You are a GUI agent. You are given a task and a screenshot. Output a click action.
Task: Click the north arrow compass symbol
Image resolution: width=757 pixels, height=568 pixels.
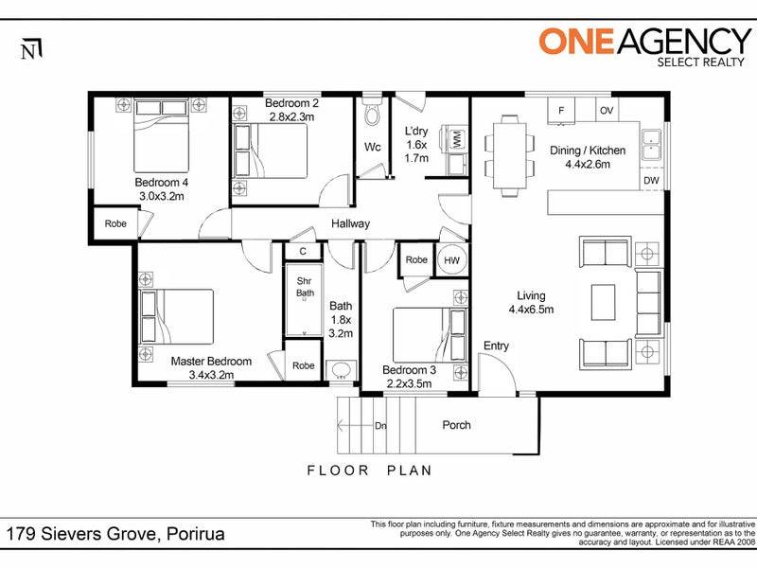pos(31,49)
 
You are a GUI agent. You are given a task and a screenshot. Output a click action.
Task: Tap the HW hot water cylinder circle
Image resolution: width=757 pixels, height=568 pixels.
pos(452,260)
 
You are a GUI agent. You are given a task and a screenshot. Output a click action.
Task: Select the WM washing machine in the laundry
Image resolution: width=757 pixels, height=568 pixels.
pos(457,139)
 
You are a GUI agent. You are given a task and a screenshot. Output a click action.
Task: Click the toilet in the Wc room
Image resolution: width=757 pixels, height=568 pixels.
pos(372,114)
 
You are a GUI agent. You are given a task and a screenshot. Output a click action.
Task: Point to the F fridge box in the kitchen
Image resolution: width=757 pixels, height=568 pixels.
pos(561,110)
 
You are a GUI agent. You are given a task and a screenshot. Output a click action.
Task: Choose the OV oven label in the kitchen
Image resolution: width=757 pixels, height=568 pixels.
pos(607,110)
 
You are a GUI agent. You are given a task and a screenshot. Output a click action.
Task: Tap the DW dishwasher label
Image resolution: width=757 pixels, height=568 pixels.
pos(651,180)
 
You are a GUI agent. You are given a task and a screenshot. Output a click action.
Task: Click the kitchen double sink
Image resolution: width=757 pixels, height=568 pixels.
pos(651,145)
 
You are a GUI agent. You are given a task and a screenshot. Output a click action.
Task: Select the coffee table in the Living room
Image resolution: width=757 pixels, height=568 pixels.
pos(603,302)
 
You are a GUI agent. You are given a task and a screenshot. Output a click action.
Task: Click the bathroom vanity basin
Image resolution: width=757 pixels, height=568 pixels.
pos(342,371)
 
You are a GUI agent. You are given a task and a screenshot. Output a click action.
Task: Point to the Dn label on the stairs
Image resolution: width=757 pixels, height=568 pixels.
pos(380,425)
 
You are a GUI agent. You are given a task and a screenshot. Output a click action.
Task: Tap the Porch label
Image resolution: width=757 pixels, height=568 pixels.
pos(456,425)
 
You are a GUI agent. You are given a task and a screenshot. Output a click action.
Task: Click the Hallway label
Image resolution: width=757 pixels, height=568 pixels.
pos(350,223)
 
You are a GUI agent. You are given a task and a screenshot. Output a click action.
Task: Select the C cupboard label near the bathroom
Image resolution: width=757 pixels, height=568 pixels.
pos(303,251)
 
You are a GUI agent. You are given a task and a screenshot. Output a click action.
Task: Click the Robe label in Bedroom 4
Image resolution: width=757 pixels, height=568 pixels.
pos(115,223)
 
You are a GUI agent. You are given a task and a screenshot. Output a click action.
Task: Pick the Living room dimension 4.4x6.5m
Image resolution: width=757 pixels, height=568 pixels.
pos(531,310)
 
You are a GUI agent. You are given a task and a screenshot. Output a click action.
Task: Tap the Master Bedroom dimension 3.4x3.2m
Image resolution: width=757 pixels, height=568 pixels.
pos(211,375)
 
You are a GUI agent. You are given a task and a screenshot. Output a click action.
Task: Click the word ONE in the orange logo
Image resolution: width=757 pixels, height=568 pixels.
pos(576,41)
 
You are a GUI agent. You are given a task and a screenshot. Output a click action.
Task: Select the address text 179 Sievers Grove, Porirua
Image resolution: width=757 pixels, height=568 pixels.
pos(115,534)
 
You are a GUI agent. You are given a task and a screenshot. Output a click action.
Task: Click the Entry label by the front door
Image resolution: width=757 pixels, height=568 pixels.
pos(496,346)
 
